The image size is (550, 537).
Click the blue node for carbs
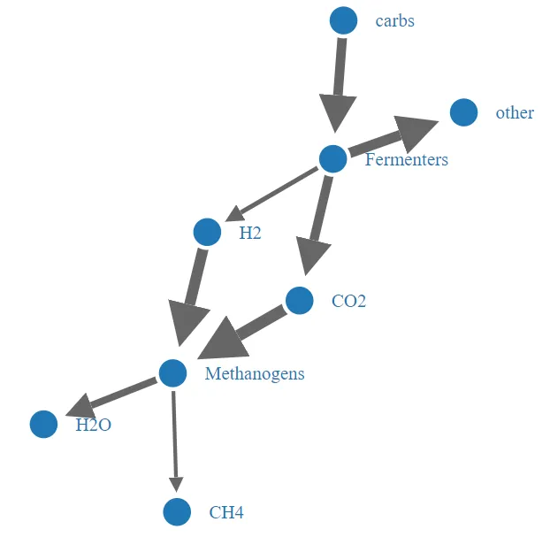[343, 20]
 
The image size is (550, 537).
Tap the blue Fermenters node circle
[332, 159]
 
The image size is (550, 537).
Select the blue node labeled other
[464, 113]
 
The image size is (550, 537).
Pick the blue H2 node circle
[207, 233]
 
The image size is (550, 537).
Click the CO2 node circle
[300, 301]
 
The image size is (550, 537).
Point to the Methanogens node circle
[172, 372]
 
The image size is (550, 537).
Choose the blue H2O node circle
[43, 425]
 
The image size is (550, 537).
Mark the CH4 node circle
[177, 511]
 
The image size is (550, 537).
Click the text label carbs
[394, 20]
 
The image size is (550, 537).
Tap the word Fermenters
[406, 160]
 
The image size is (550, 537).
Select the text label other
[515, 113]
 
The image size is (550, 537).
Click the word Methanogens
[254, 373]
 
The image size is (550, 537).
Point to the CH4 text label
[226, 512]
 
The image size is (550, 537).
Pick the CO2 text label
[348, 302]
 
